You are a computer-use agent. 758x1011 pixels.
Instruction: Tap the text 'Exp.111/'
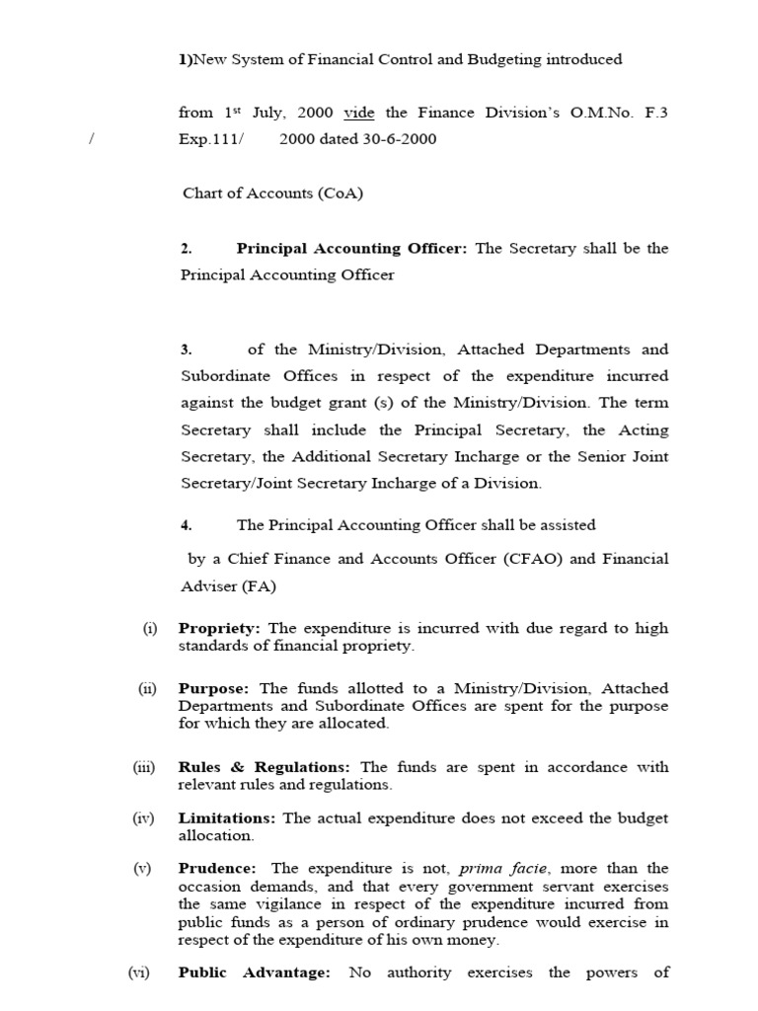[x=209, y=139]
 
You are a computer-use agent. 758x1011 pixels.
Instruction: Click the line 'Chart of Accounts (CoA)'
[x=272, y=194]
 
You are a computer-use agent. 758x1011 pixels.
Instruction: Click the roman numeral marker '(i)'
[x=150, y=629]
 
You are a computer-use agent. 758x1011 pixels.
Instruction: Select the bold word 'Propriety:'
[x=219, y=629]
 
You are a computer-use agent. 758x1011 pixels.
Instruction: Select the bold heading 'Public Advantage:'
[x=254, y=972]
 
